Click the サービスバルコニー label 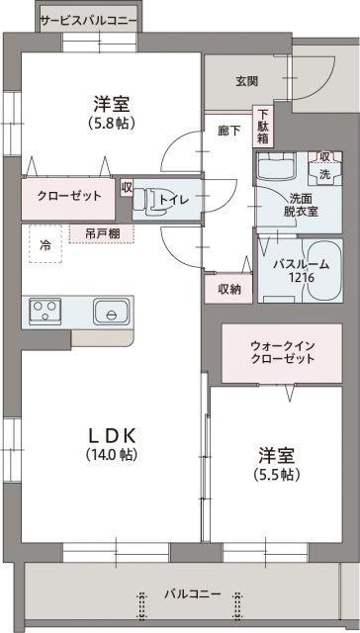click(x=89, y=19)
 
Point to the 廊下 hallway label click(x=228, y=131)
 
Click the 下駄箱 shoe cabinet click(x=262, y=127)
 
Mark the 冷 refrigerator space click(x=45, y=244)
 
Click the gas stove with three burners click(x=45, y=312)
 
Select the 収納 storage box click(x=228, y=289)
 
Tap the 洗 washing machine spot click(x=323, y=173)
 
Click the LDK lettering click(x=113, y=436)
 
